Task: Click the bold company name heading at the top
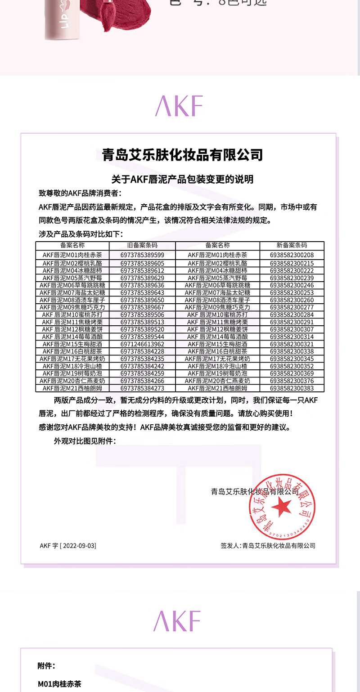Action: [x=182, y=155]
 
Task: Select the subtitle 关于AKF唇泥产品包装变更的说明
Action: [x=182, y=179]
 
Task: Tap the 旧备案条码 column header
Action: [x=142, y=245]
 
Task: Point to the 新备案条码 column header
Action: [x=292, y=245]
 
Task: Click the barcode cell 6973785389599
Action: [x=142, y=255]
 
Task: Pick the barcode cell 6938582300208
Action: [x=292, y=255]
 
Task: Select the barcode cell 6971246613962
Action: [x=142, y=344]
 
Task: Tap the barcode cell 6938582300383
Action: [x=292, y=388]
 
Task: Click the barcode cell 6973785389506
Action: [x=142, y=315]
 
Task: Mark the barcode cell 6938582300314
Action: [x=292, y=337]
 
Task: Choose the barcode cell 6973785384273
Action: [x=142, y=388]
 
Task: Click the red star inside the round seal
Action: [x=281, y=507]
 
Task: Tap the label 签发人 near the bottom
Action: [x=229, y=546]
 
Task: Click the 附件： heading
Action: [x=46, y=666]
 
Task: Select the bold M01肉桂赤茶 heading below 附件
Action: [x=59, y=684]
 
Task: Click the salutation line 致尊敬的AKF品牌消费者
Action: [x=80, y=193]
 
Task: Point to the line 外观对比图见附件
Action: [x=85, y=441]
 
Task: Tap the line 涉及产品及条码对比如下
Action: [x=81, y=234]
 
